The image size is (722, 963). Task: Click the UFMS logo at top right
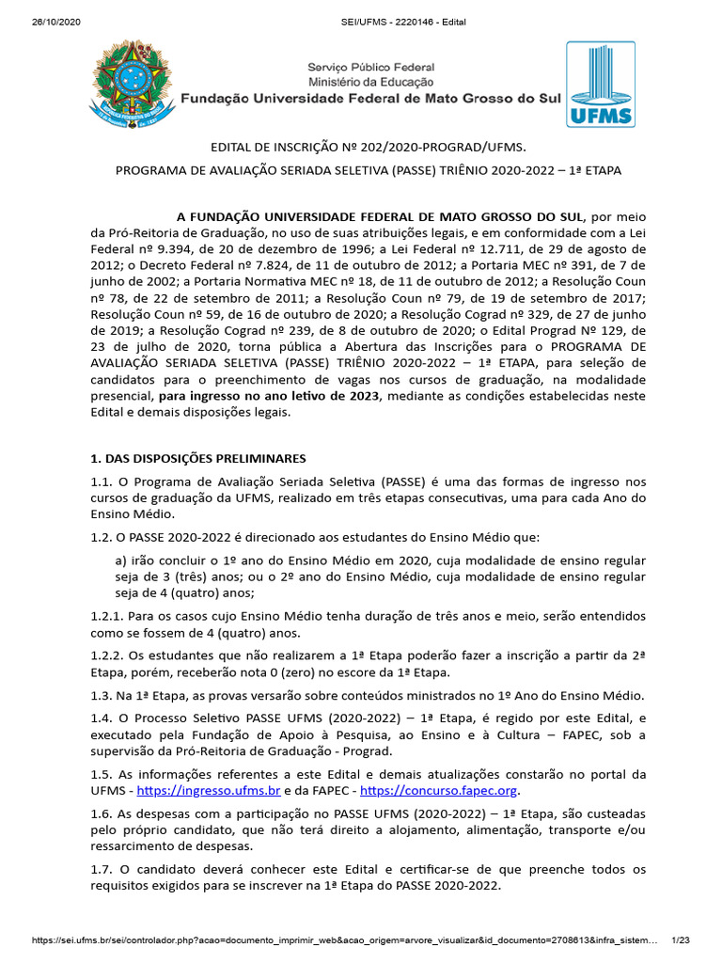(x=600, y=84)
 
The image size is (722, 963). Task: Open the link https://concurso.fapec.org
(x=438, y=791)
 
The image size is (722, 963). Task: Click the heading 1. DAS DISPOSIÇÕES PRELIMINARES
(x=197, y=459)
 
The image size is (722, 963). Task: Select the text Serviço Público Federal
(x=371, y=68)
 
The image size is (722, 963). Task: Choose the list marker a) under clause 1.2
(x=120, y=561)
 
